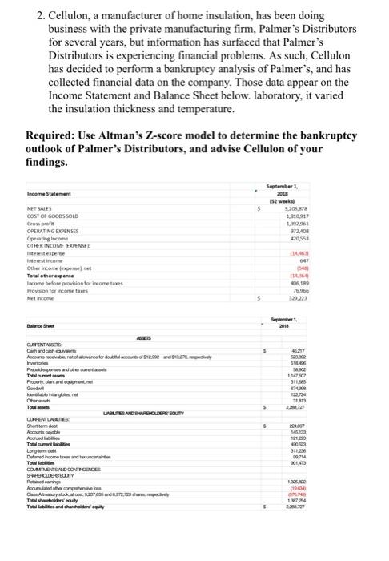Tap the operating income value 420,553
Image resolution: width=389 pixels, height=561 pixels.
point(318,242)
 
